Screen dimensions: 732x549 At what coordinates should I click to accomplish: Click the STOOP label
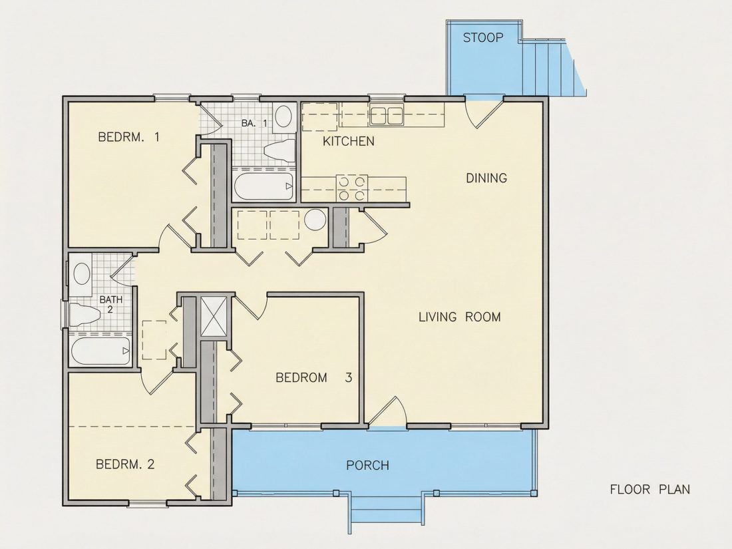pyautogui.click(x=483, y=37)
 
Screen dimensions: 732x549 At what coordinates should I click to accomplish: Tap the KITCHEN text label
pyautogui.click(x=348, y=141)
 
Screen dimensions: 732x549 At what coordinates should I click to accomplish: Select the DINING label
pyautogui.click(x=486, y=178)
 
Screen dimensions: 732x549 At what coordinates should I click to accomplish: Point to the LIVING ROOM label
pyautogui.click(x=459, y=317)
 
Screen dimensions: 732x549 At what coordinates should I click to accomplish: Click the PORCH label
pyautogui.click(x=367, y=465)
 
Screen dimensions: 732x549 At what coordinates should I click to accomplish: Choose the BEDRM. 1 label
pyautogui.click(x=129, y=137)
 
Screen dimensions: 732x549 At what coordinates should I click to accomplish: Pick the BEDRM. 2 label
pyautogui.click(x=125, y=464)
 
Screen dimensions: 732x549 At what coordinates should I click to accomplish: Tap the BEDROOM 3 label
pyautogui.click(x=313, y=377)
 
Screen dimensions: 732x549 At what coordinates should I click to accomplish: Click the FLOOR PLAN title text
pyautogui.click(x=650, y=489)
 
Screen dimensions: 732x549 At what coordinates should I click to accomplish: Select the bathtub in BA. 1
pyautogui.click(x=264, y=186)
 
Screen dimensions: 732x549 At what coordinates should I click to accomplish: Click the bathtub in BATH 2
pyautogui.click(x=100, y=351)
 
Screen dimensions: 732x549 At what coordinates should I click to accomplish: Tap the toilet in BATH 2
pyautogui.click(x=85, y=314)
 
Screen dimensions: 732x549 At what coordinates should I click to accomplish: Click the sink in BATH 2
pyautogui.click(x=82, y=274)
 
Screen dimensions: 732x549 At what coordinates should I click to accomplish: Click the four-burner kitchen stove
pyautogui.click(x=351, y=188)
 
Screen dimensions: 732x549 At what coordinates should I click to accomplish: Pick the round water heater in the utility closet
pyautogui.click(x=315, y=220)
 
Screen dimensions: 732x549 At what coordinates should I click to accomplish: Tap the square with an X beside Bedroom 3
pyautogui.click(x=213, y=316)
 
